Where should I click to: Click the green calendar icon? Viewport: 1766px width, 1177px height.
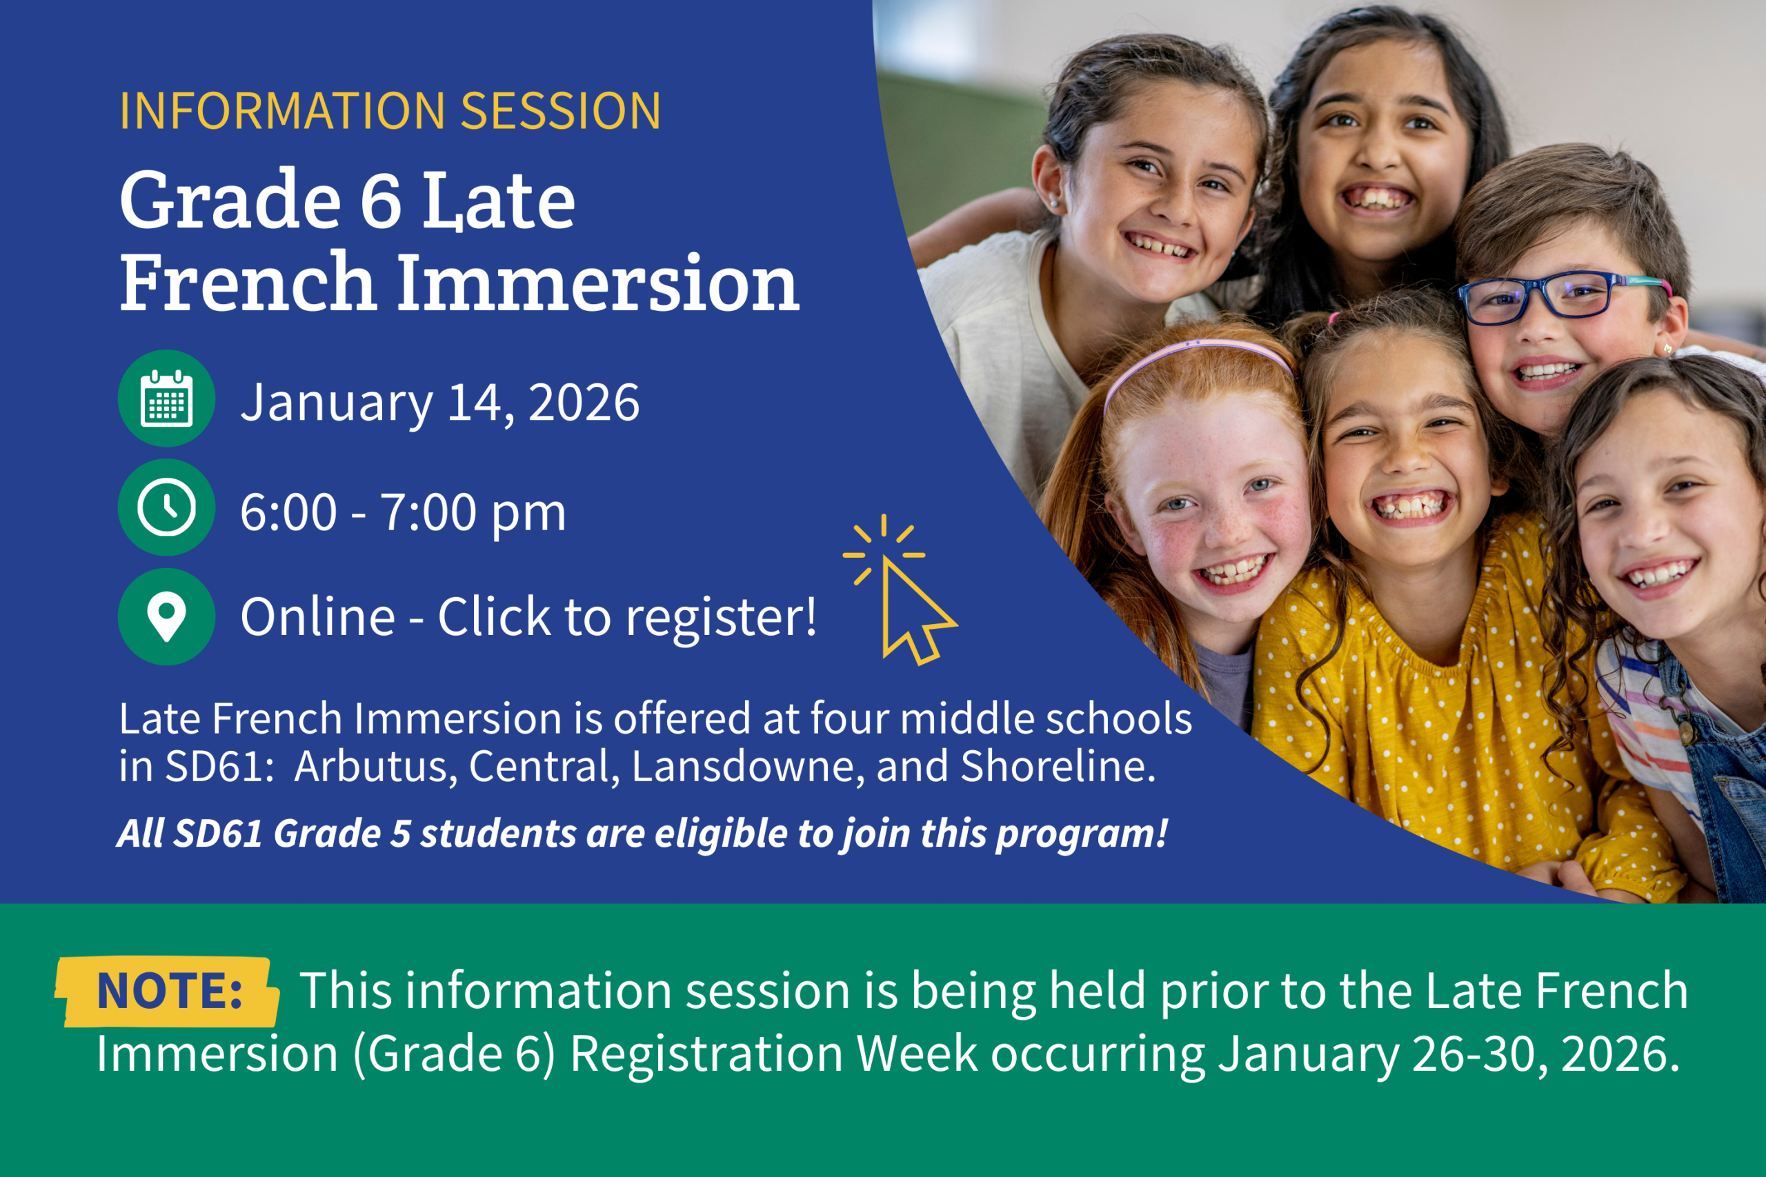pyautogui.click(x=167, y=399)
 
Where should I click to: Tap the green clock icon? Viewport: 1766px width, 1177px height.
pyautogui.click(x=167, y=507)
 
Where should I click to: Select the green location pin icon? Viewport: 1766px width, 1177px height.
pyautogui.click(x=167, y=617)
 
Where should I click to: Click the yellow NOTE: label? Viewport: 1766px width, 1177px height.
pyautogui.click(x=168, y=992)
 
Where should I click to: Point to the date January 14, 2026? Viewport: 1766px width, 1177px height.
pyautogui.click(x=440, y=403)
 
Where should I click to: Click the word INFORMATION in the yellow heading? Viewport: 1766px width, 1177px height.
pyautogui.click(x=283, y=111)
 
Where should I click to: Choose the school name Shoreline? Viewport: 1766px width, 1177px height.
pyautogui.click(x=1058, y=767)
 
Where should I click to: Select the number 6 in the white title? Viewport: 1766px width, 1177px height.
pyautogui.click(x=381, y=201)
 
